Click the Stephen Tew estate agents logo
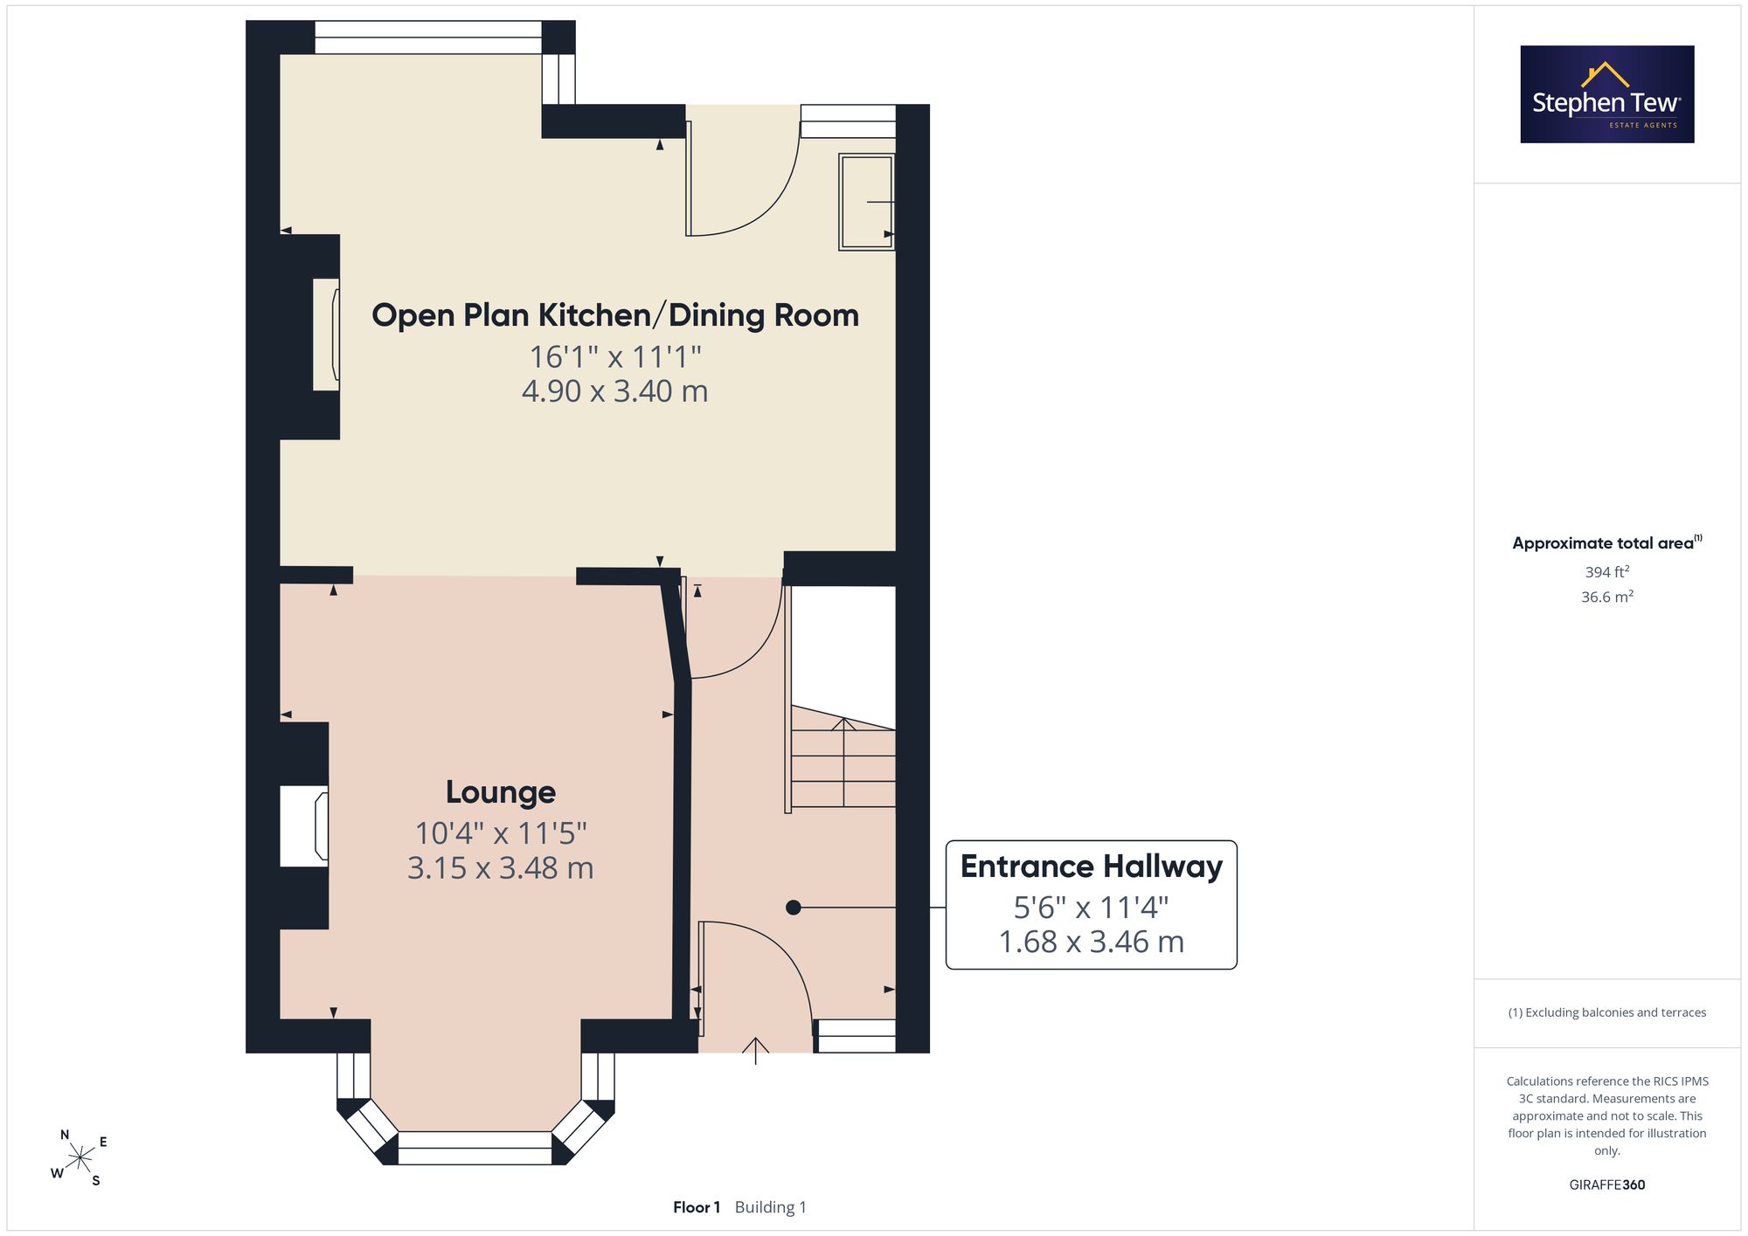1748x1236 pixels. click(1607, 94)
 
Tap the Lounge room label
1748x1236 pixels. click(501, 792)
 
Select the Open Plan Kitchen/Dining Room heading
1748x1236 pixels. click(615, 315)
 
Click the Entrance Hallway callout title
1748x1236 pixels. click(1092, 867)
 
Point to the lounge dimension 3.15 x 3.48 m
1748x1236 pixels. click(501, 868)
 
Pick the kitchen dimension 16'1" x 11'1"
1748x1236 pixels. click(615, 356)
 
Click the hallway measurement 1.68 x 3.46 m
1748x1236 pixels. click(1092, 942)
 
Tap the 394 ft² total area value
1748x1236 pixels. click(1607, 572)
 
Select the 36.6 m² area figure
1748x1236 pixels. click(1607, 597)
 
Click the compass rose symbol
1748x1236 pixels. click(80, 1158)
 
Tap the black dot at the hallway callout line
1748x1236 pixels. click(794, 908)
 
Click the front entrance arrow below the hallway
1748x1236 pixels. click(755, 1050)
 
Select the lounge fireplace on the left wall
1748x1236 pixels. click(304, 826)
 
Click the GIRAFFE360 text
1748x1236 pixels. click(1607, 1185)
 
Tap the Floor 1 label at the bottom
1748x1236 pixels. click(697, 1207)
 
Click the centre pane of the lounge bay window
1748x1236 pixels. click(475, 1148)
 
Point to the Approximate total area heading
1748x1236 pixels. click(1607, 542)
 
